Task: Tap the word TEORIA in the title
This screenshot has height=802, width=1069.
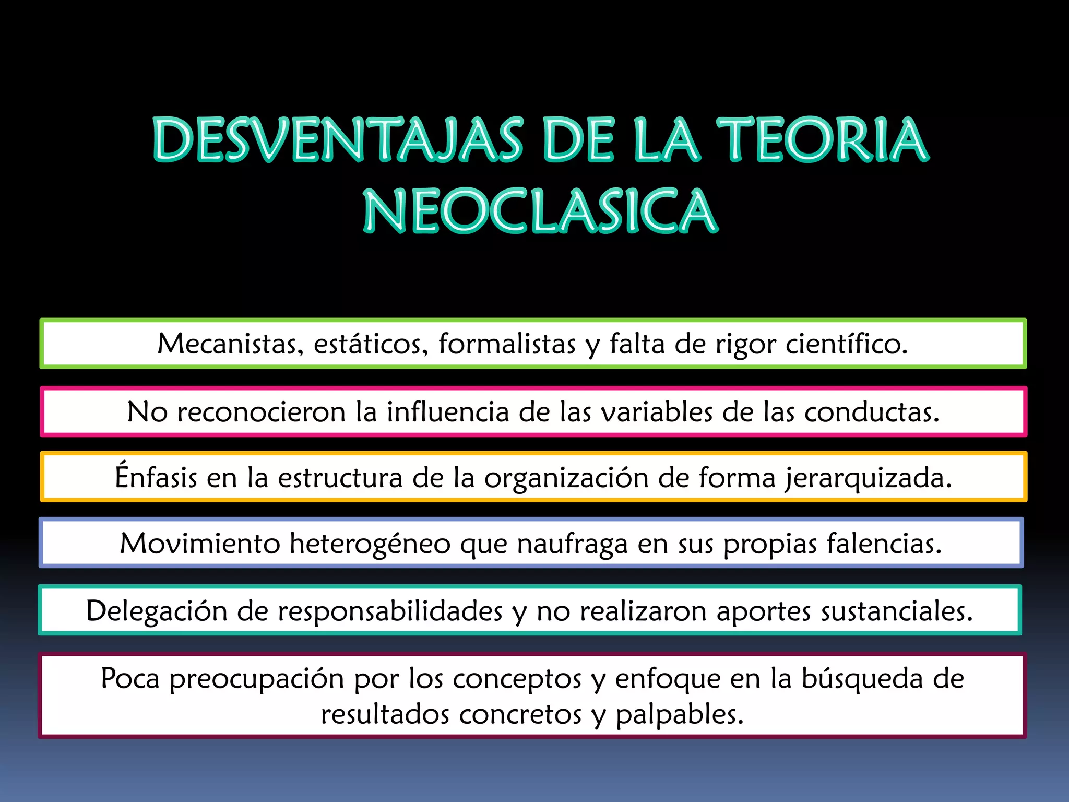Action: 822,140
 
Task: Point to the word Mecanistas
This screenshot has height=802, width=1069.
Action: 230,344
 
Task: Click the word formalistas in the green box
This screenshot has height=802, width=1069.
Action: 507,344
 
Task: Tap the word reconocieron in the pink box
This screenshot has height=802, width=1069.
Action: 261,411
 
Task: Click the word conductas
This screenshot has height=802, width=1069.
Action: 872,411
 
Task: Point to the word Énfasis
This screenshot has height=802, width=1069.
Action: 156,476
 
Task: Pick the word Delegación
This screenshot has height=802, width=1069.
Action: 157,611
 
